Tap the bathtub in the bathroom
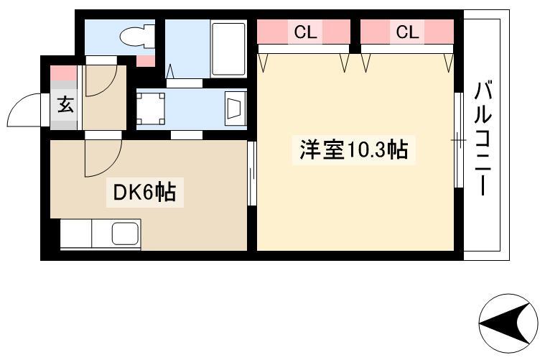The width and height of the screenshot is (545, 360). [x=228, y=50]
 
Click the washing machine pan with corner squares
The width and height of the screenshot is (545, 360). [x=151, y=109]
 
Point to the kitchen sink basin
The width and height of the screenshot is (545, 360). [x=126, y=233]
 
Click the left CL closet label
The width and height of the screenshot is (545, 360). [x=305, y=33]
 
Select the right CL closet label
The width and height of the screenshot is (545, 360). [x=407, y=33]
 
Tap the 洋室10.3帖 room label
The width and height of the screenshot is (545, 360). [x=354, y=149]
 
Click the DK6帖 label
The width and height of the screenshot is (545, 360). [x=144, y=193]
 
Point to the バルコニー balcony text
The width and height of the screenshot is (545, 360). [x=483, y=138]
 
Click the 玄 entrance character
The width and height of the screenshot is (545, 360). [x=65, y=103]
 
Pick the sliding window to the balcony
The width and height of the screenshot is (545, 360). [x=459, y=140]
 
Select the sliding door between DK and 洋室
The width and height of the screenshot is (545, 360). [x=252, y=173]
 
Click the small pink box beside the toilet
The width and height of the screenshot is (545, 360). [x=145, y=61]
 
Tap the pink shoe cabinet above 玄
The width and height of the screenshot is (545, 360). [x=64, y=73]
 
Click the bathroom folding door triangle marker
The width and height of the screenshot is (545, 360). [x=171, y=71]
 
